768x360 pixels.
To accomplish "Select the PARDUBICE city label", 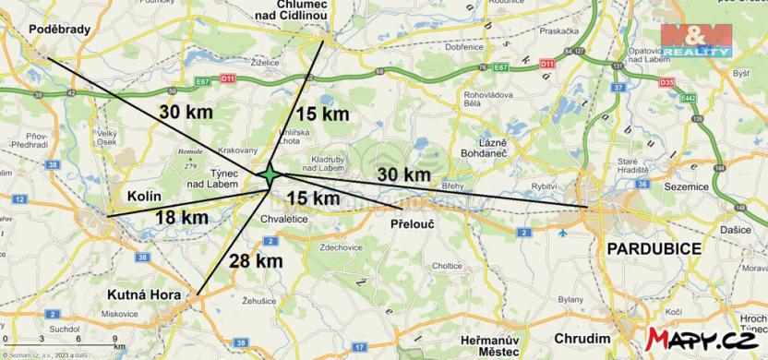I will tap(654, 250).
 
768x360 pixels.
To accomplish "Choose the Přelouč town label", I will tap(412, 224).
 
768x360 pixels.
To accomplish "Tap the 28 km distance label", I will tap(256, 260).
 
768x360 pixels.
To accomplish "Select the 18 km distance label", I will tap(182, 217).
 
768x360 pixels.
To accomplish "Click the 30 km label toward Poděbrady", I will tap(186, 111).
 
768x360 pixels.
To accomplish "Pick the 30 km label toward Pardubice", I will tap(403, 174).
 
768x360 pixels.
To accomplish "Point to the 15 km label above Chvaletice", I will tap(313, 198).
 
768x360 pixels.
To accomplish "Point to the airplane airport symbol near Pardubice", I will tap(564, 233).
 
